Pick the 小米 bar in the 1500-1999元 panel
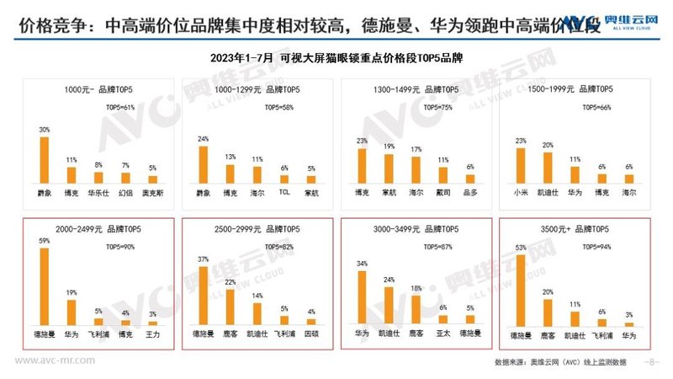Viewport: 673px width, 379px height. [521, 162]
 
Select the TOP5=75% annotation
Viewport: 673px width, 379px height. [442, 108]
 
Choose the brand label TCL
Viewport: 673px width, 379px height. [284, 192]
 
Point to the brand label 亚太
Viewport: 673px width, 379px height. [443, 334]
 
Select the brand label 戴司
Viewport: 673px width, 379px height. [442, 192]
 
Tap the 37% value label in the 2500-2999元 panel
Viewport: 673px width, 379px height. [203, 259]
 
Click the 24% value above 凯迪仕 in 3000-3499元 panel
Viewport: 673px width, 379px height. [389, 280]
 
